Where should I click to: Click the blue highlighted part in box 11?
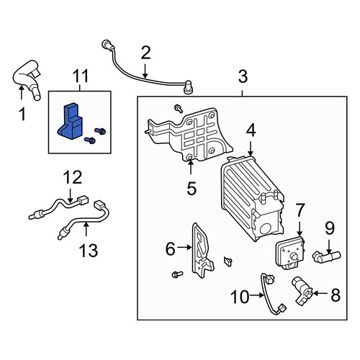coord(70,122)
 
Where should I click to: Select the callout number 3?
coord(243,76)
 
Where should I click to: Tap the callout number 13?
coord(89,251)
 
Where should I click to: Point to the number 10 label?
coord(240,297)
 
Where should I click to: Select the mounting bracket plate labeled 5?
coord(189,135)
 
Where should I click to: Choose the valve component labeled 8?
coord(302,291)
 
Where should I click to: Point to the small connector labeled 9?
coord(326,256)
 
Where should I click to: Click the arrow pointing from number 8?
coord(320,293)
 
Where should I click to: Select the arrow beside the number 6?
coord(185,247)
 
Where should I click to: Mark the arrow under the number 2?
coord(145,71)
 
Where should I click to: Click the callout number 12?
coord(73,177)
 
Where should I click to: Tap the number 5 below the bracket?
coord(192,188)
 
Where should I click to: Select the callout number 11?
coord(81,76)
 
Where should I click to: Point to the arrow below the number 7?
coord(300,228)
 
